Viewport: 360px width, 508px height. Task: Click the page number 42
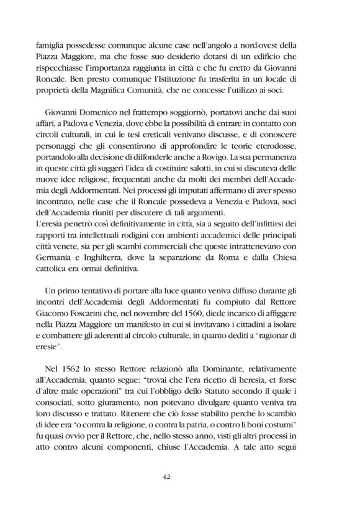point(179,476)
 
